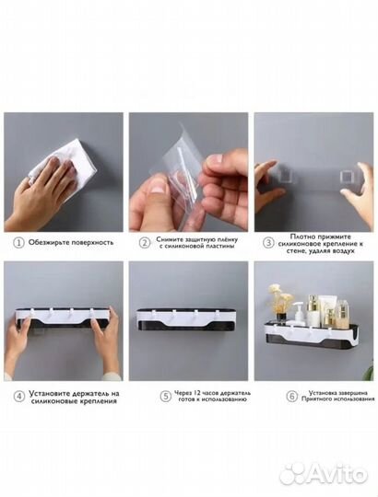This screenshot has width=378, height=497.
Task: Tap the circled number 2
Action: click(x=146, y=243)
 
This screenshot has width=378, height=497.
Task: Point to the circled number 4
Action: click(x=20, y=397)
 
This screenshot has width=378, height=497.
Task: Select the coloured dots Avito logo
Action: click(x=292, y=472)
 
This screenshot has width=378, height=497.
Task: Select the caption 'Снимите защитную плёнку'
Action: click(x=196, y=239)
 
